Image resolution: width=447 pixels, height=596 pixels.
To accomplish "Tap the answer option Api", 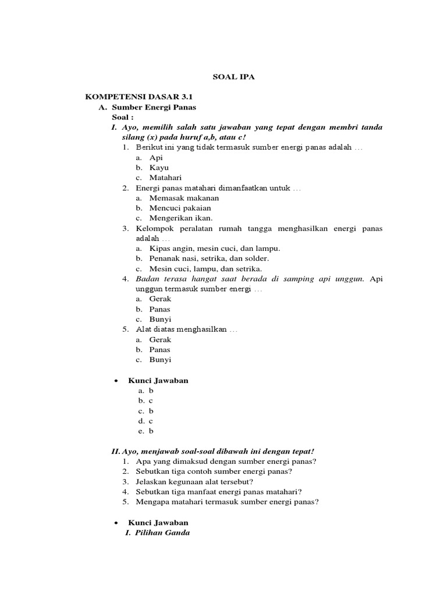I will pyautogui.click(x=155, y=158).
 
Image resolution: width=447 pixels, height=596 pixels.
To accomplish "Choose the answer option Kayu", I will pyautogui.click(x=158, y=168).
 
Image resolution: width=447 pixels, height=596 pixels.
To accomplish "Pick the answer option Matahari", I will pyautogui.click(x=165, y=178).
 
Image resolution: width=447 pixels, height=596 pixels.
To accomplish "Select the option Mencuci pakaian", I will pyautogui.click(x=180, y=208).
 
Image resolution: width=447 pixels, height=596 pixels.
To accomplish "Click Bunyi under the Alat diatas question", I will pyautogui.click(x=160, y=360).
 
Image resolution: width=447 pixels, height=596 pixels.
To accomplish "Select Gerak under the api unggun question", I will pyautogui.click(x=160, y=299).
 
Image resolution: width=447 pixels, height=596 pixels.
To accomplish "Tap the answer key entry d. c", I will pyautogui.click(x=146, y=421).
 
